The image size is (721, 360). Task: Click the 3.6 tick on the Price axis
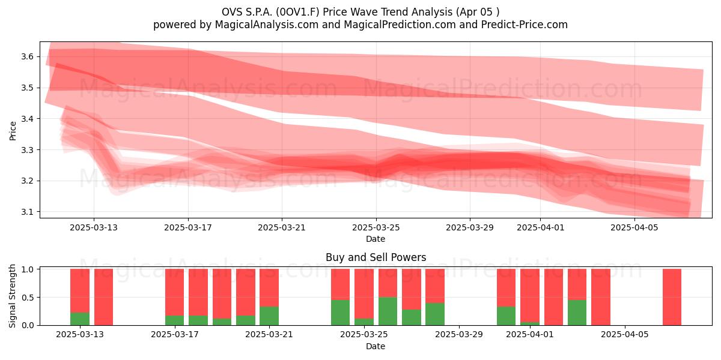[x=27, y=57]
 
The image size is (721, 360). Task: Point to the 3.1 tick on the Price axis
[x=27, y=212]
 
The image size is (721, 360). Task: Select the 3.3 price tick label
[x=27, y=150]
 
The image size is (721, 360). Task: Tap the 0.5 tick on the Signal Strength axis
[x=27, y=298]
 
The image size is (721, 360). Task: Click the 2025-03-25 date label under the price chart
[x=376, y=227]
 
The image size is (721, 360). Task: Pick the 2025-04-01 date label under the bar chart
[x=530, y=334]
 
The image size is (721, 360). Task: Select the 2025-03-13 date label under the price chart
[x=94, y=227]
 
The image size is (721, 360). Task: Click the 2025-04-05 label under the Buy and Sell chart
[x=625, y=334]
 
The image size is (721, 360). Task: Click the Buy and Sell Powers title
[x=376, y=257]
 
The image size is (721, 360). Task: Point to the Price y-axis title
[x=13, y=131]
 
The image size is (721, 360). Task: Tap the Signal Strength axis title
[x=12, y=296]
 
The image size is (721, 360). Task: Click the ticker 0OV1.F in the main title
[x=299, y=12]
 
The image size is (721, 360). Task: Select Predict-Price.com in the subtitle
[x=525, y=25]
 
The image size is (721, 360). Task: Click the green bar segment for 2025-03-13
[x=80, y=319]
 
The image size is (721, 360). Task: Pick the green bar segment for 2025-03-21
[x=269, y=316]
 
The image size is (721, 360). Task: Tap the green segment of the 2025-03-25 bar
[x=364, y=322]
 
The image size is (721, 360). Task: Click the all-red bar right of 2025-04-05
[x=672, y=297]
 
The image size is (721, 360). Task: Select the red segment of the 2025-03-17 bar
[x=175, y=292]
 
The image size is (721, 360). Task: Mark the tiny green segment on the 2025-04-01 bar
[x=530, y=323]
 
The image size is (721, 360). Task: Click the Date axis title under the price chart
[x=376, y=239]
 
